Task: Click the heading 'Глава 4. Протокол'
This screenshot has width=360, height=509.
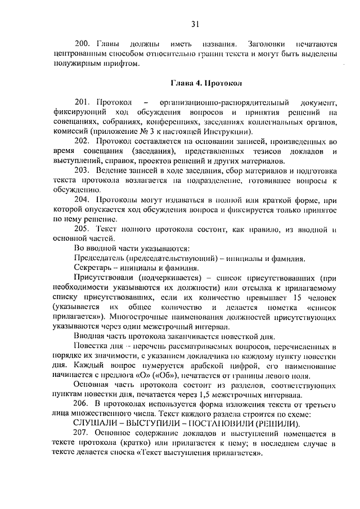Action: (x=206, y=83)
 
